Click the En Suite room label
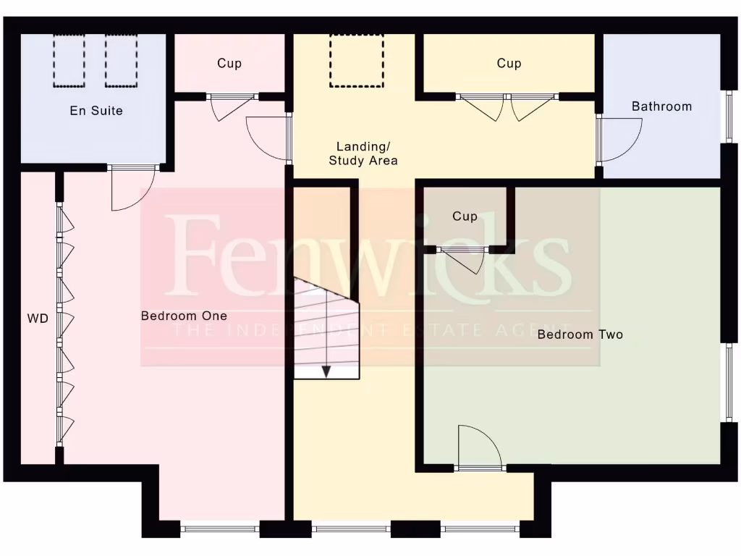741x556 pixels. pos(96,111)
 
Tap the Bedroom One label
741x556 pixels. pos(184,316)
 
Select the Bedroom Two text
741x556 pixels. pos(580,334)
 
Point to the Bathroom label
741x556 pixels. pos(661,106)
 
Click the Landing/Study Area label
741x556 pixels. pos(363,154)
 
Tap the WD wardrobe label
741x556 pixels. pos(38,319)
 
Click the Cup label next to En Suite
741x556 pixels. pos(229,64)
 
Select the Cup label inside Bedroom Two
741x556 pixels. pos(465,216)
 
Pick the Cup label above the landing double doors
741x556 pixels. pos(509,64)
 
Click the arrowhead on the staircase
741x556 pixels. pos(326,371)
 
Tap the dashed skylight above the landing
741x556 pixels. pos(357,59)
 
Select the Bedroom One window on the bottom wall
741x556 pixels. pos(219,529)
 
